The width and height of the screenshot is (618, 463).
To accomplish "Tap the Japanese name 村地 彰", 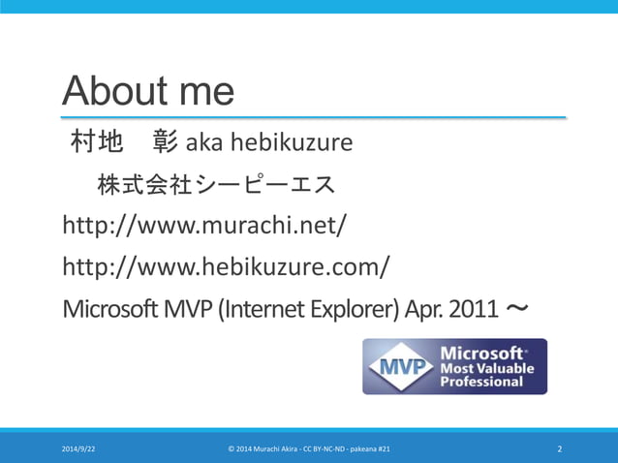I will tap(123, 143).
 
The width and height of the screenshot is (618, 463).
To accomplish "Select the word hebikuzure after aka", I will tap(290, 144).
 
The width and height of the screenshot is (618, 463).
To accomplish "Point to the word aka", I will tap(202, 144).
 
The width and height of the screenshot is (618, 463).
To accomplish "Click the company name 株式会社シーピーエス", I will tap(215, 184).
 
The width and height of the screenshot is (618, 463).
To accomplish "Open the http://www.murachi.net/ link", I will tap(204, 226).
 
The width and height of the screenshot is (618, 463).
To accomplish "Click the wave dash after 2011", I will tap(517, 309).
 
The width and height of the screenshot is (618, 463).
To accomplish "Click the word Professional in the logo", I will tap(481, 382).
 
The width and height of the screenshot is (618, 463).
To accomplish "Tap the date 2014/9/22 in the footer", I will tap(78, 449).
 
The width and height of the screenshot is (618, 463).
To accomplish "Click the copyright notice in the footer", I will tap(309, 449).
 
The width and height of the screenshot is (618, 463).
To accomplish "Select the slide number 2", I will tap(559, 449).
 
